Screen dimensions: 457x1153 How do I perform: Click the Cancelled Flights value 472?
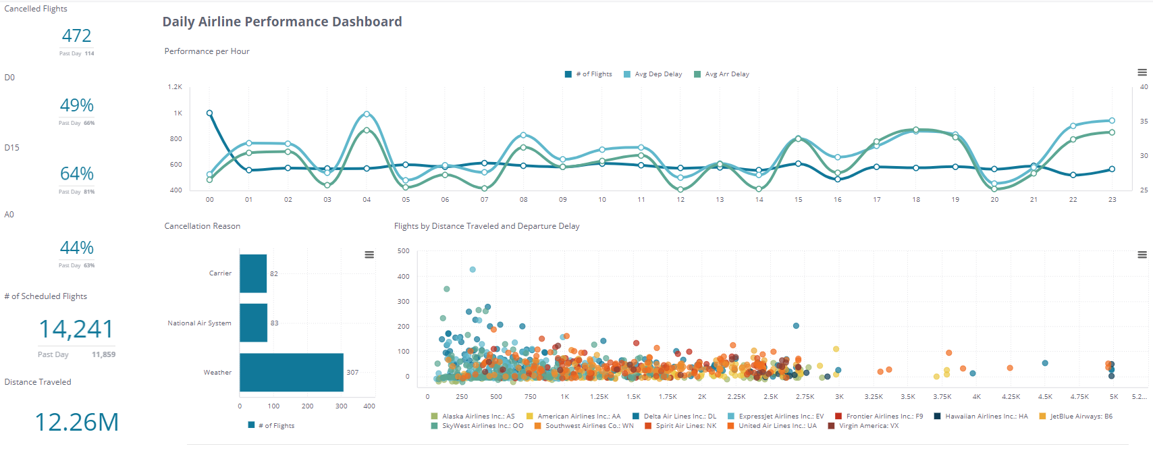click(x=76, y=36)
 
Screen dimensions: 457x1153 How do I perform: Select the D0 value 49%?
click(x=76, y=105)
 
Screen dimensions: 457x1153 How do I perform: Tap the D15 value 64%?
click(x=76, y=174)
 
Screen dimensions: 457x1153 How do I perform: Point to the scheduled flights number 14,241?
click(x=76, y=329)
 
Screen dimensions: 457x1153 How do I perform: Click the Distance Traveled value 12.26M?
click(x=76, y=422)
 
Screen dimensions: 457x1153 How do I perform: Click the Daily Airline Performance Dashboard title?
click(x=281, y=22)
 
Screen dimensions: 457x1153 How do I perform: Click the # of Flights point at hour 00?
click(x=209, y=113)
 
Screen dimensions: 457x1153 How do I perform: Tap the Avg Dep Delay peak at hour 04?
click(x=367, y=114)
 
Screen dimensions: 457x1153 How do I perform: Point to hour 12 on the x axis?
click(x=680, y=200)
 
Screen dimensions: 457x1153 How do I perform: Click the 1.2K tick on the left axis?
click(x=175, y=87)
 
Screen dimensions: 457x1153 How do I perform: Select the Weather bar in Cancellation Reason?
click(x=291, y=372)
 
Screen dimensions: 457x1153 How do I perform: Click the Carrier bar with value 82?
click(x=253, y=273)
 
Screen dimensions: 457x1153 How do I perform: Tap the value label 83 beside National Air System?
click(x=274, y=323)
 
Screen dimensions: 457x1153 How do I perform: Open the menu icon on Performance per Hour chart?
click(x=1142, y=72)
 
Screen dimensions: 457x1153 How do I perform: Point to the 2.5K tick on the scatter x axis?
click(x=770, y=397)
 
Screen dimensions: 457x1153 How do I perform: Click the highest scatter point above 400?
click(x=473, y=269)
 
